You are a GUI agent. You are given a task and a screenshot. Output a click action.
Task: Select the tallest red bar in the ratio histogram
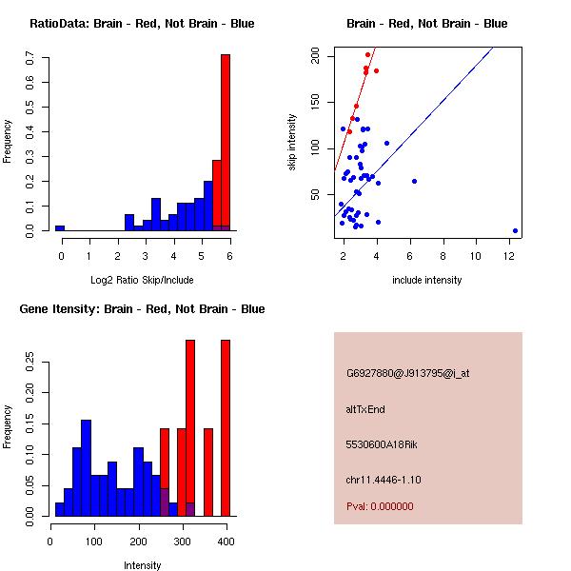click(226, 143)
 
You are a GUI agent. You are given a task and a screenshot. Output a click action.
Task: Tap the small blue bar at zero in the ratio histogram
click(60, 228)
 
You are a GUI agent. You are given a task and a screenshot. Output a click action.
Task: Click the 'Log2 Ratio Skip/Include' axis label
click(141, 280)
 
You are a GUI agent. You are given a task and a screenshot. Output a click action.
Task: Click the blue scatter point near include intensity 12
click(515, 230)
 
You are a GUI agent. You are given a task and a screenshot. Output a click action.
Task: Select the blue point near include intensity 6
click(414, 181)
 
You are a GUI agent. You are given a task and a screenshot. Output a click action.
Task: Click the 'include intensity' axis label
click(426, 280)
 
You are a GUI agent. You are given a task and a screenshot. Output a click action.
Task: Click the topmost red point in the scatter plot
click(367, 54)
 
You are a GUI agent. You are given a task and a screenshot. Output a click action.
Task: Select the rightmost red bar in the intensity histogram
click(226, 428)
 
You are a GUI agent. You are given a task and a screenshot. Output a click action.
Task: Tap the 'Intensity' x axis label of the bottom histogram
click(143, 565)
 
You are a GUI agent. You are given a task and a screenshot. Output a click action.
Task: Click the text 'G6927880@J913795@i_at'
click(407, 373)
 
